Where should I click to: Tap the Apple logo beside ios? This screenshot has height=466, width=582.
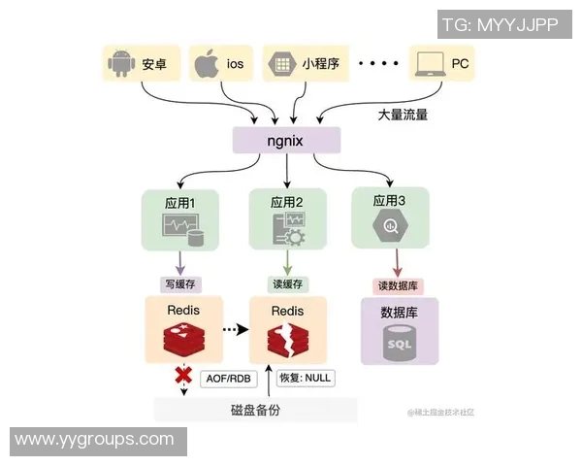click(205, 64)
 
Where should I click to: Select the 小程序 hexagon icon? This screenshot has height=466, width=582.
click(282, 64)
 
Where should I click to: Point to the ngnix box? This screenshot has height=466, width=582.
click(286, 141)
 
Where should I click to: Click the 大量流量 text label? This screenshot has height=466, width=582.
click(403, 115)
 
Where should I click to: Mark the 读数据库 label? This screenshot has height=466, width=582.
click(398, 285)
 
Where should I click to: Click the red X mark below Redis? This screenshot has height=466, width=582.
click(181, 376)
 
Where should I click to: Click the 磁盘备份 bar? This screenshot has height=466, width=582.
click(255, 410)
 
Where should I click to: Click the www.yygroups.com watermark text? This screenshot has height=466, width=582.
click(94, 440)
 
